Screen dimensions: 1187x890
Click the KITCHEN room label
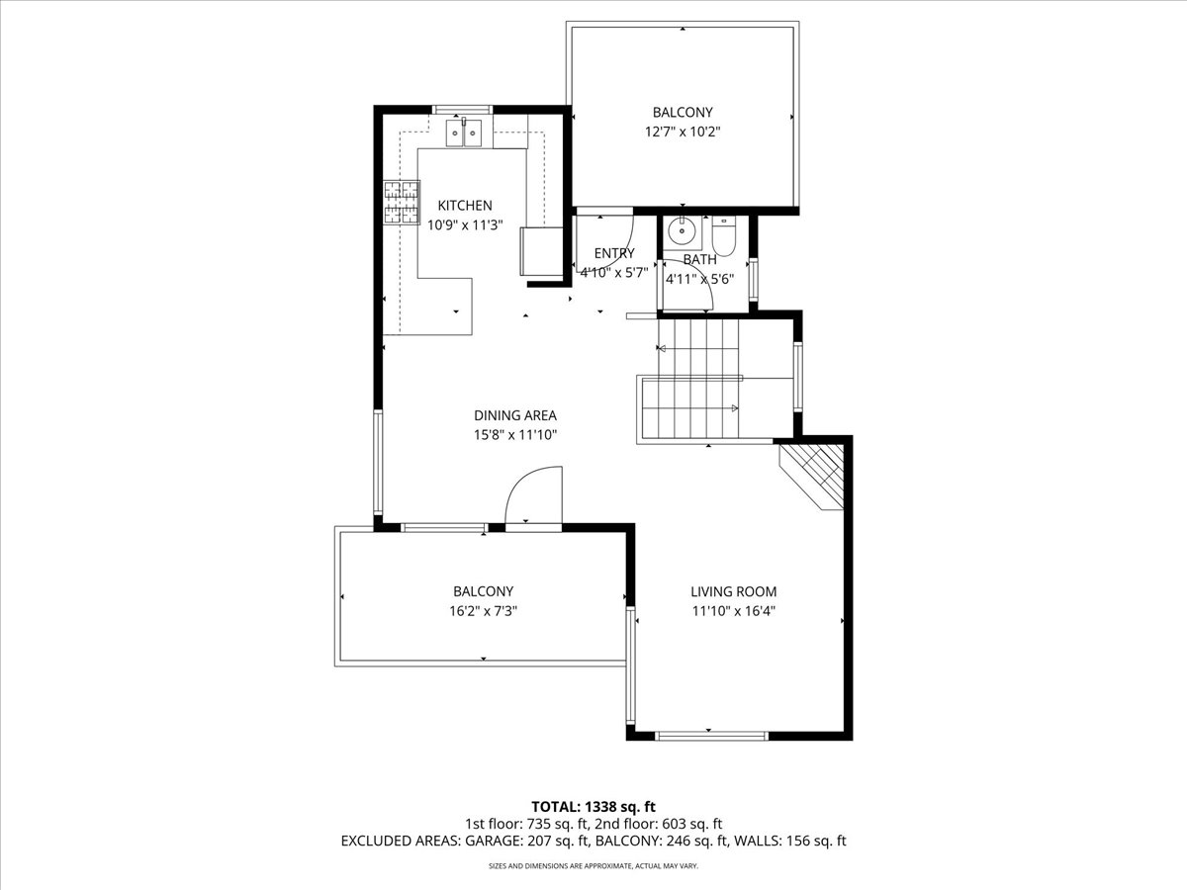(465, 206)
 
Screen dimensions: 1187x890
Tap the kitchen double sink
(464, 133)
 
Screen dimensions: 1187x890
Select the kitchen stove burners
(402, 202)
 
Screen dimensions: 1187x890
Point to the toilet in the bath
(723, 236)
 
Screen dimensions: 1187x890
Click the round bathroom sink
(682, 231)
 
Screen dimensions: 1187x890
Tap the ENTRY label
(614, 253)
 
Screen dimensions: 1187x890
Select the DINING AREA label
(515, 415)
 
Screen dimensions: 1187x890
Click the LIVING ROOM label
(733, 591)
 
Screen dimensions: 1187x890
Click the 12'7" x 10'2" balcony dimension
(683, 132)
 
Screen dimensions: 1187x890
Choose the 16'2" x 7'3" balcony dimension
(483, 611)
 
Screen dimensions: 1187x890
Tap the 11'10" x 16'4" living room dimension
(734, 611)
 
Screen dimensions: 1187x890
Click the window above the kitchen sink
(462, 110)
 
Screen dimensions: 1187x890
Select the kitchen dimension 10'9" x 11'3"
(465, 225)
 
